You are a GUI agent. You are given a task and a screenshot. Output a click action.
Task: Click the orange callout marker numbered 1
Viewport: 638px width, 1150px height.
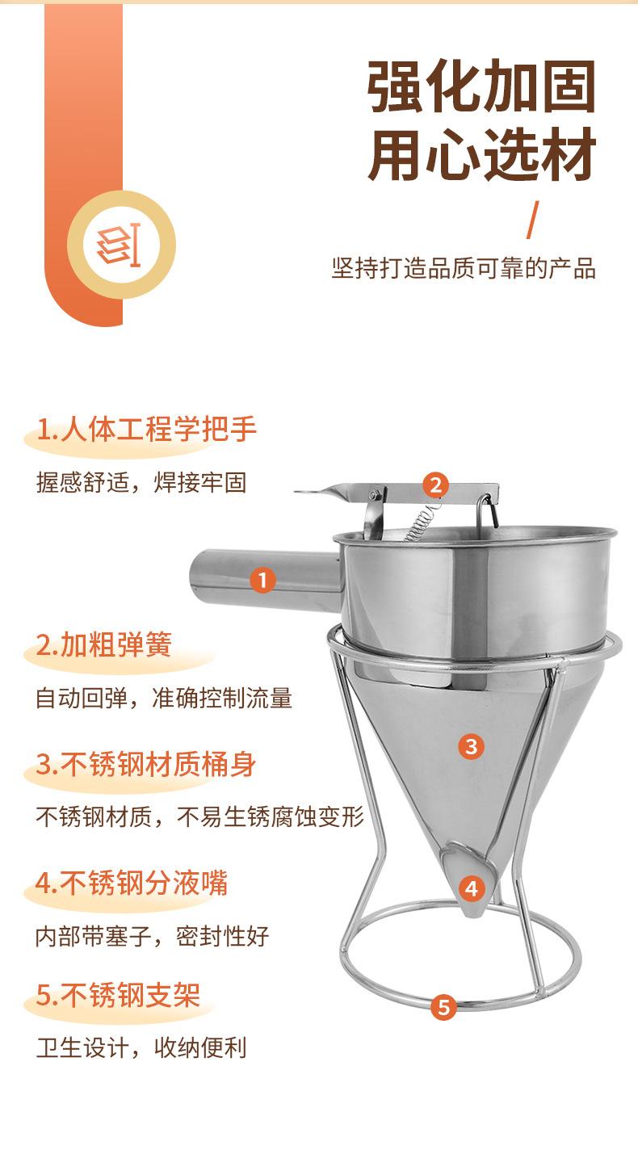262,580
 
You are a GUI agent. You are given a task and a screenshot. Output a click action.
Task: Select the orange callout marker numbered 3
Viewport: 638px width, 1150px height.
471,747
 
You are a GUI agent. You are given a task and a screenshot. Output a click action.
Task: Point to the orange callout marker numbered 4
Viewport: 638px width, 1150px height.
472,888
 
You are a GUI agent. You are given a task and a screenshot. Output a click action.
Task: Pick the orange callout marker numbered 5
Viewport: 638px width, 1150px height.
444,1007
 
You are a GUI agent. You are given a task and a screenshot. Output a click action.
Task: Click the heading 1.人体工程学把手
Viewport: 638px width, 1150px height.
146,429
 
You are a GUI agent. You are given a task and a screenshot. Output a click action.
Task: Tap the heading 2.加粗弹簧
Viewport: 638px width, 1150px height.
103,644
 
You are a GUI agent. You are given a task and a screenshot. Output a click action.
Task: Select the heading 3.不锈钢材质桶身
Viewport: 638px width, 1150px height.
145,764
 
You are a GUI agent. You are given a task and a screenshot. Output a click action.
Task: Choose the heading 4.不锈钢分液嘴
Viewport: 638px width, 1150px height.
132,883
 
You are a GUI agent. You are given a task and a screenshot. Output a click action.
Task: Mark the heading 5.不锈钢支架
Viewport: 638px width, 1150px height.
118,995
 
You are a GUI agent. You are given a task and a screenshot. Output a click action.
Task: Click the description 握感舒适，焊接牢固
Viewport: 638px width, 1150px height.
141,483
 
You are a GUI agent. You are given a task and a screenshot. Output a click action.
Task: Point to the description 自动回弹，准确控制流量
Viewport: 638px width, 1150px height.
164,699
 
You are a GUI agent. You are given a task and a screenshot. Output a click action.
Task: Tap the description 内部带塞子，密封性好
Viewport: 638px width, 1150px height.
153,936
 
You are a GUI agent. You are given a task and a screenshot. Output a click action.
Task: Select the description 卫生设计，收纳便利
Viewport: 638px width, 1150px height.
141,1047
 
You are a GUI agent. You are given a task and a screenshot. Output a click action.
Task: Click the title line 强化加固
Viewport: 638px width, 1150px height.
481,86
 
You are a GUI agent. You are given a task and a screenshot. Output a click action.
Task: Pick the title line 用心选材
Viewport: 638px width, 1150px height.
481,154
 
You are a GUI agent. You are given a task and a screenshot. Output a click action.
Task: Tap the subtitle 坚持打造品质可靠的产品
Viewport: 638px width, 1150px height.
464,268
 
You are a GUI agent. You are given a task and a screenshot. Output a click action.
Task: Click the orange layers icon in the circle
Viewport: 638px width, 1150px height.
119,245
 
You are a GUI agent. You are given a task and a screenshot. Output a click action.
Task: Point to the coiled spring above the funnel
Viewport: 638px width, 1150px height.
422,520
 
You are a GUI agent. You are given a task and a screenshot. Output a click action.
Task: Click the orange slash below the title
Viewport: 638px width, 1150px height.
533,220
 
